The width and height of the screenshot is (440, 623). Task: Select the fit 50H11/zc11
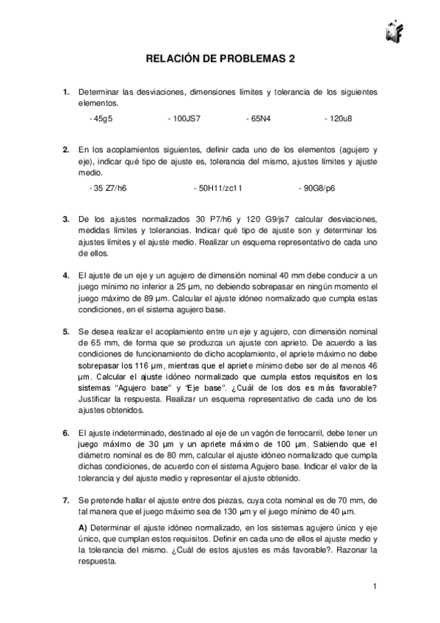pos(217,189)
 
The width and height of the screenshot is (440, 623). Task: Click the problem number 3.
pos(66,220)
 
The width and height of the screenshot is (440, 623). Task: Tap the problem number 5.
pos(66,331)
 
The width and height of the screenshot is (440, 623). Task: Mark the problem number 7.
pos(66,500)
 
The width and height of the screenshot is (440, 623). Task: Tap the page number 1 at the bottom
pos(375,586)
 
